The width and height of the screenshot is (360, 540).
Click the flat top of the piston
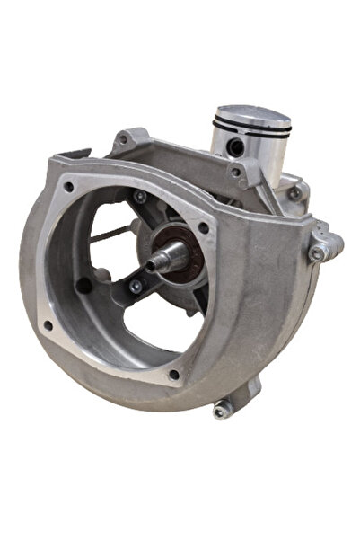pyautogui.click(x=252, y=117)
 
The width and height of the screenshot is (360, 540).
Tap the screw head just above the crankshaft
pyautogui.click(x=141, y=196)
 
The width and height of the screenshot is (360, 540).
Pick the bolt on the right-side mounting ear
pyautogui.click(x=315, y=254)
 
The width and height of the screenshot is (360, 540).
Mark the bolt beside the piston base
pyautogui.click(x=294, y=191)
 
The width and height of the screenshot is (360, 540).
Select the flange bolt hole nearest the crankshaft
pyautogui.click(x=204, y=227)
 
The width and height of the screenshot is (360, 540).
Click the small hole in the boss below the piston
pyautogui.click(x=235, y=172)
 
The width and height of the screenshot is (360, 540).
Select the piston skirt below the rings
pyautogui.click(x=260, y=162)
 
